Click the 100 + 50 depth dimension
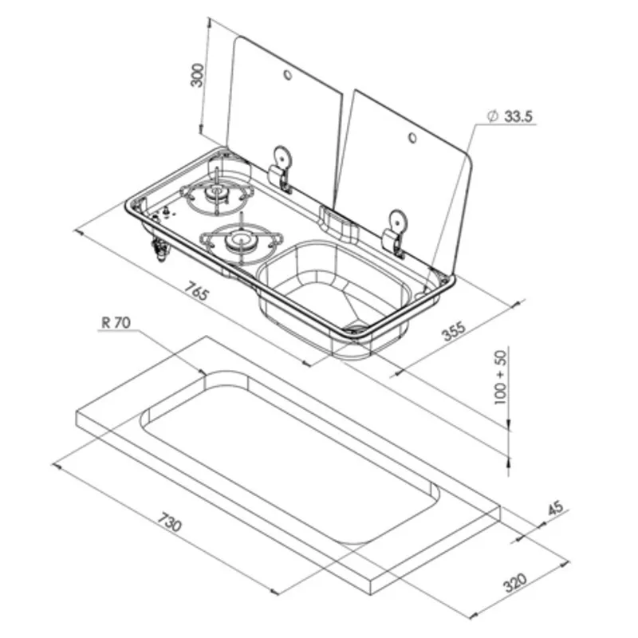click(x=501, y=376)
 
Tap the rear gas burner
click(x=213, y=194)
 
